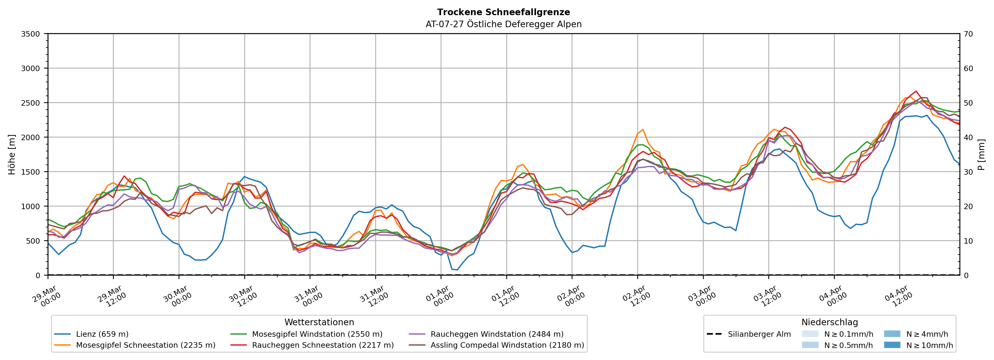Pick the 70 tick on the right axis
pos(968,34)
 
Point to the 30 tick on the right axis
pos(968,172)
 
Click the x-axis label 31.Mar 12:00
pos(374,296)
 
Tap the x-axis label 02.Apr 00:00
pos(571,296)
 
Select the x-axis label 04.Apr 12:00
pos(899,296)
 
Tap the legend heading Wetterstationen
pos(319,322)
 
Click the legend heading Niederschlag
pos(830,322)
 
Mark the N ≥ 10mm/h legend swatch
pos(892,345)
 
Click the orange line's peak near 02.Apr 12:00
pos(643,130)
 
